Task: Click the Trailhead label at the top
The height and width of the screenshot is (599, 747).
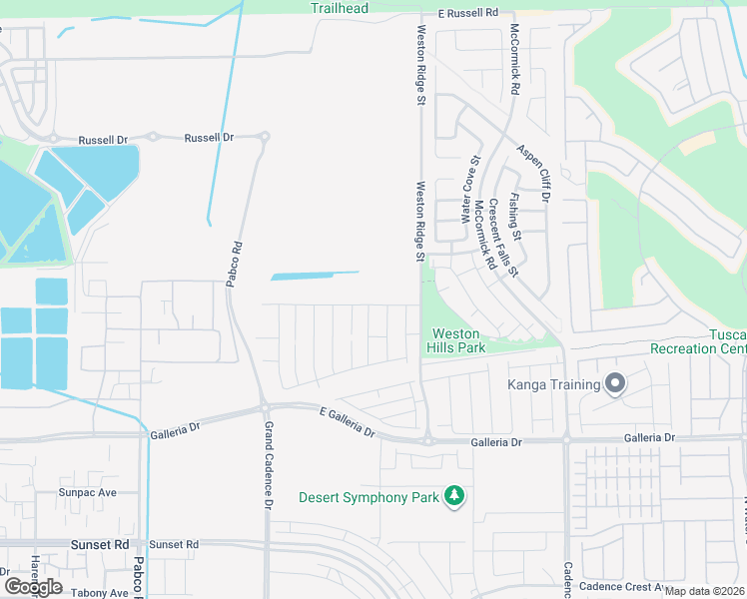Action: [339, 9]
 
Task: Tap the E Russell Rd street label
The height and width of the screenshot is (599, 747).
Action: [467, 13]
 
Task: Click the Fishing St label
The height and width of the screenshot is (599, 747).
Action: [514, 219]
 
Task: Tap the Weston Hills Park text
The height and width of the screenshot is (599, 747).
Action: [457, 340]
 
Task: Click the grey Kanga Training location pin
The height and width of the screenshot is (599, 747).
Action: [615, 384]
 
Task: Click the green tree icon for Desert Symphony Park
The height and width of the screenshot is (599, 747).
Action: [454, 496]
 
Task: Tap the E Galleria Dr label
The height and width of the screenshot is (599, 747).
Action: [348, 422]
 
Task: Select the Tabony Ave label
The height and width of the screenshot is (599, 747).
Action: [100, 592]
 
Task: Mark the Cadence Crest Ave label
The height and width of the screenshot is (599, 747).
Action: [625, 587]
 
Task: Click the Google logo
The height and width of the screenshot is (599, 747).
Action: [33, 586]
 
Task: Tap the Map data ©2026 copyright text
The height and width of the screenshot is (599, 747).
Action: [705, 591]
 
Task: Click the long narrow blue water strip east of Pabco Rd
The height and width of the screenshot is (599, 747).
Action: [315, 275]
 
